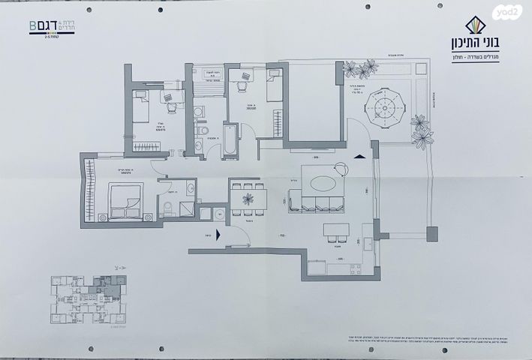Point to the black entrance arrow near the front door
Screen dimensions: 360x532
coord(218,235)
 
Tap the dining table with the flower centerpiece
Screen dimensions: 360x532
coord(248,199)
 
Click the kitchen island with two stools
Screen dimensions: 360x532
coord(335,232)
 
